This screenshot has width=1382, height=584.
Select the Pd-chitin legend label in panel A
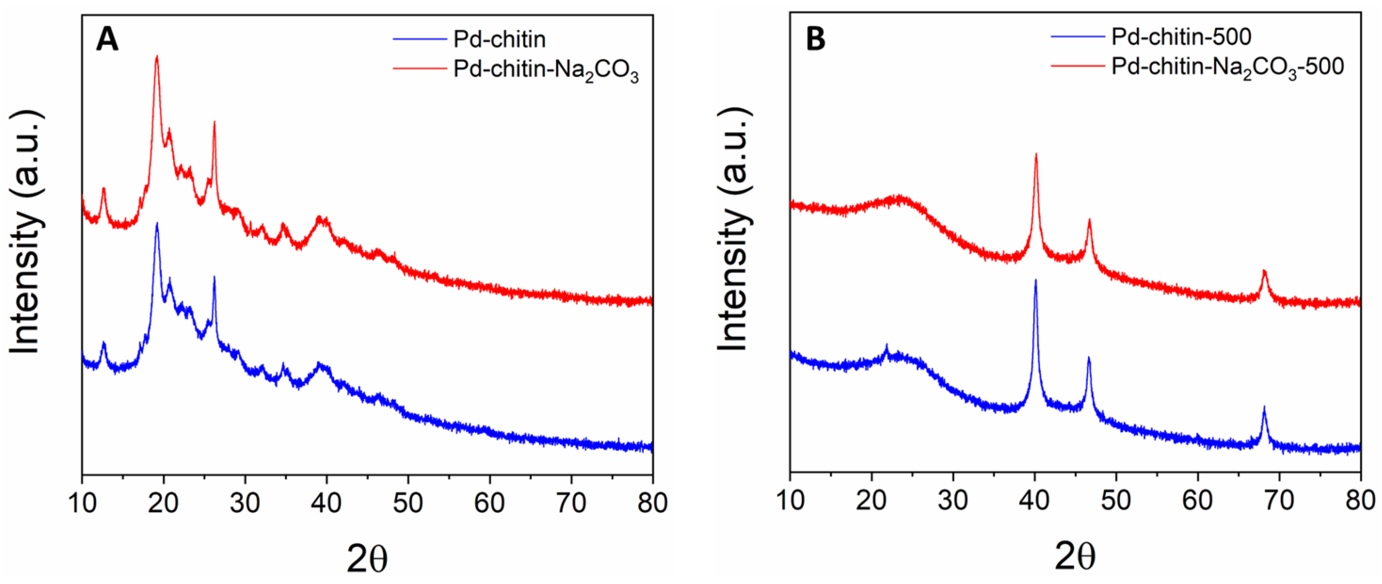tap(500, 39)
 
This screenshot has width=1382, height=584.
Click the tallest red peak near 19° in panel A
tap(157, 57)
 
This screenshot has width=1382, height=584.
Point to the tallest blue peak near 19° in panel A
tap(157, 224)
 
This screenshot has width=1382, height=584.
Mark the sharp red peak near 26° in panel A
tap(214, 123)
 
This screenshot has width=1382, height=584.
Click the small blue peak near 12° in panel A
tap(104, 343)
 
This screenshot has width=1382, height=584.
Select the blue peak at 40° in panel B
tap(1035, 280)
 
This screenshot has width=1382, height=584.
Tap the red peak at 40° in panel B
tap(1036, 154)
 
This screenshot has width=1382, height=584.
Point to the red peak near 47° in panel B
tap(1089, 220)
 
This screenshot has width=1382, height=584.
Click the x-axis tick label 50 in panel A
tap(408, 502)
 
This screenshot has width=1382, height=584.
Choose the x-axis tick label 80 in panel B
tap(1360, 500)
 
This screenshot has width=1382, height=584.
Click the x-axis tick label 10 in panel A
tap(82, 502)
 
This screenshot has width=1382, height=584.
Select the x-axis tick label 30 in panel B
tap(953, 500)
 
